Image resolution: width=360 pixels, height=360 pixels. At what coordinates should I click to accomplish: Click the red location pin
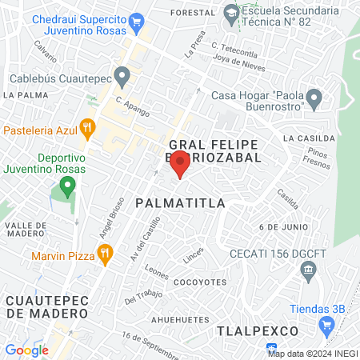(x=181, y=166)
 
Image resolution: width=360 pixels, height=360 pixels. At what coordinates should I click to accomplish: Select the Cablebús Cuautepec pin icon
(x=122, y=78)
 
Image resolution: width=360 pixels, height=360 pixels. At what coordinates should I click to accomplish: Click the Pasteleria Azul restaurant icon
(x=89, y=127)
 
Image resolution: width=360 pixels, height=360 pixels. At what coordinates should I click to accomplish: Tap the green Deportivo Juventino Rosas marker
(x=68, y=188)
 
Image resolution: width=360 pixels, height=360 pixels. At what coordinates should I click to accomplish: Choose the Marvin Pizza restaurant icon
(x=104, y=254)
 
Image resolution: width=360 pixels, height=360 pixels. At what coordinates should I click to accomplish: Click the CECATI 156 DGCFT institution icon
(x=308, y=274)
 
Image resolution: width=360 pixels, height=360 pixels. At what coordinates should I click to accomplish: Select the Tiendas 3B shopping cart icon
(x=326, y=326)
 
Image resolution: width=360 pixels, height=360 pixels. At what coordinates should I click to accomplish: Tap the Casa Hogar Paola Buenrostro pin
(x=315, y=100)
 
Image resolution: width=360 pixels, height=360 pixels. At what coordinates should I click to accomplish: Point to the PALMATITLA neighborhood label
(x=180, y=203)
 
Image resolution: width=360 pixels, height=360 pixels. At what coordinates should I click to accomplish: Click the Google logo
(x=26, y=350)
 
